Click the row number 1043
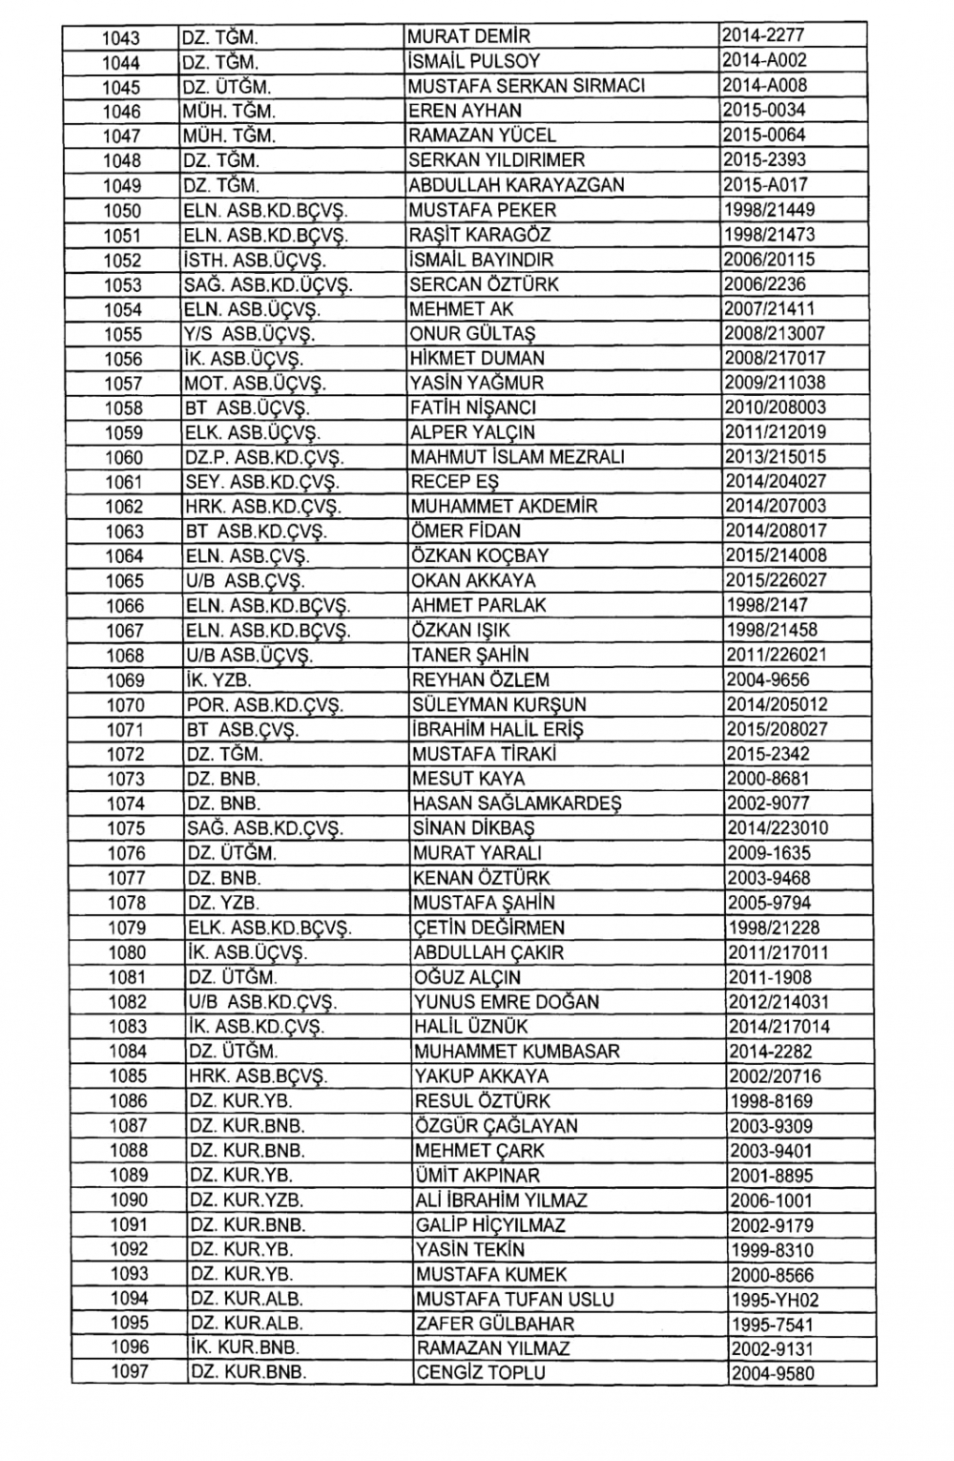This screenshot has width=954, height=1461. point(121,37)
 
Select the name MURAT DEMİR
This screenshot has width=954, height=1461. point(465,36)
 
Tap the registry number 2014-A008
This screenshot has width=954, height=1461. point(764,85)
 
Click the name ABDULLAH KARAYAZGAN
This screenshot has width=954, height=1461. point(516,185)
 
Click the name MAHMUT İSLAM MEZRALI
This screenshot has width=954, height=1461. point(518,457)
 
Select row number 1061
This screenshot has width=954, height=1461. point(124,482)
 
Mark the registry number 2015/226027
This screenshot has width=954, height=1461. point(776,580)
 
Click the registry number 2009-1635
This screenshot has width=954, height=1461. point(769,853)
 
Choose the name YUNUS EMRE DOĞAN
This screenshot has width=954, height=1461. point(507,1002)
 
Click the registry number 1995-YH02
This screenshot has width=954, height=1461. point(775,1300)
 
